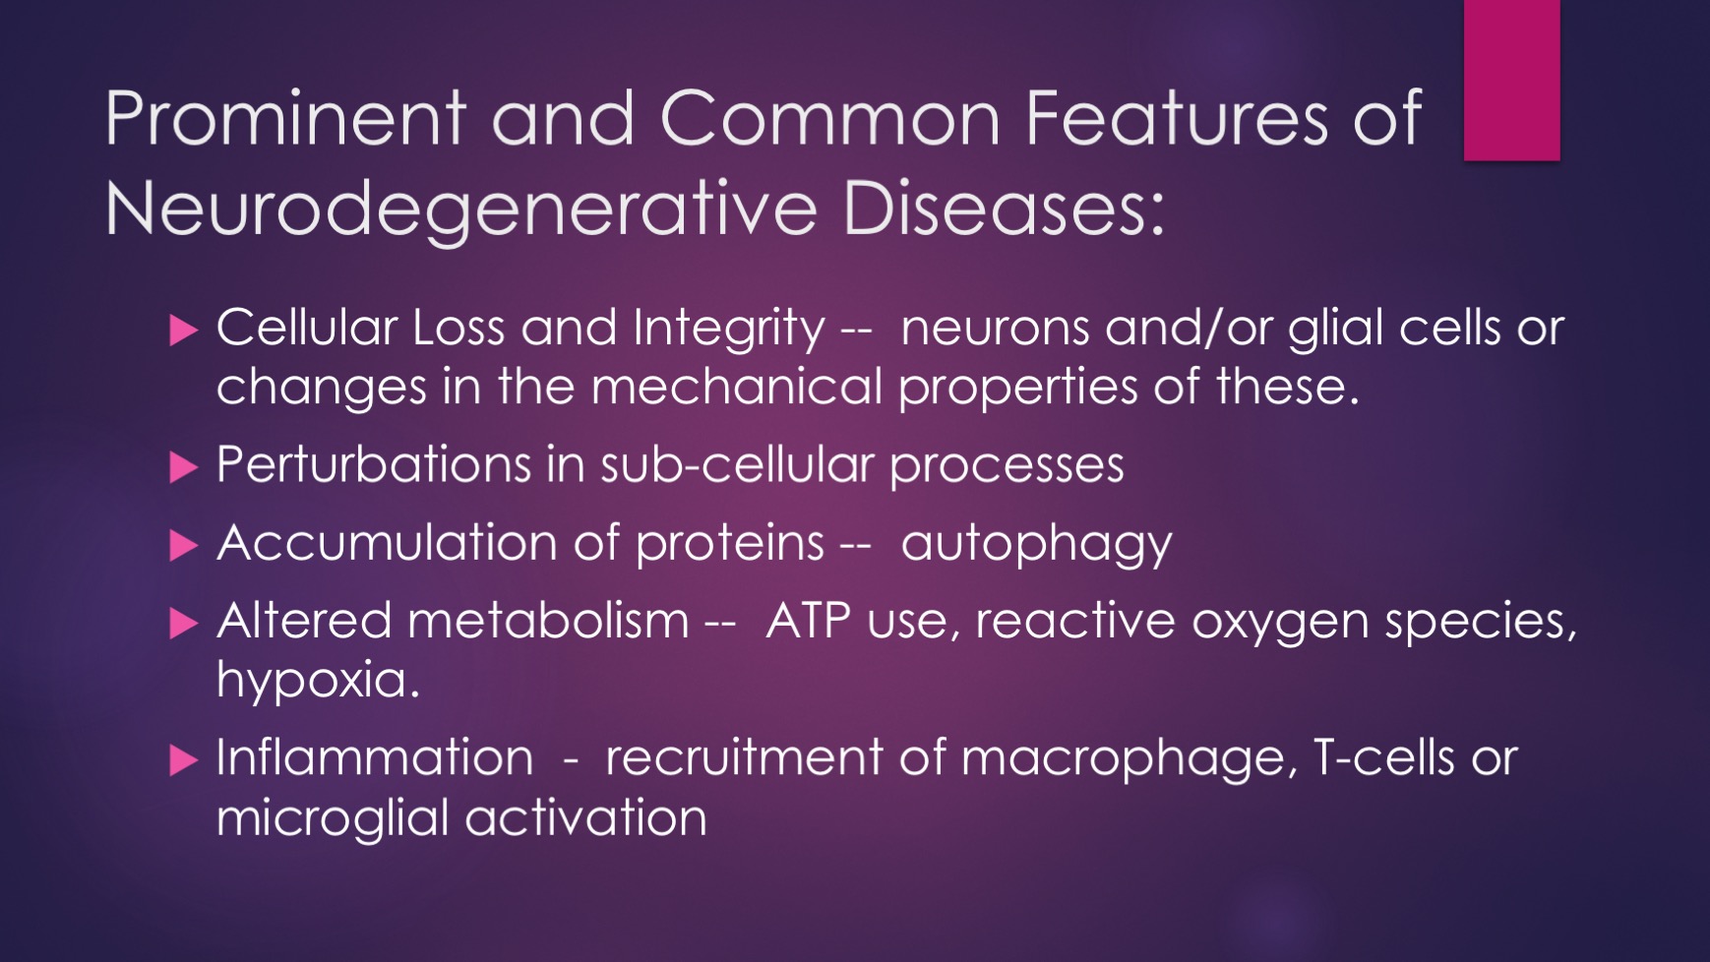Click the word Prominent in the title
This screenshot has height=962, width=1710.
pos(284,118)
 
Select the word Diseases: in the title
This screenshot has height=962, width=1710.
pos(1004,208)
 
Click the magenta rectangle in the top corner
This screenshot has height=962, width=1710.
pos(1511,80)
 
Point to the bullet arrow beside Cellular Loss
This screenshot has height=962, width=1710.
pos(184,330)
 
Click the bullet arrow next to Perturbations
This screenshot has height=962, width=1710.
pos(184,466)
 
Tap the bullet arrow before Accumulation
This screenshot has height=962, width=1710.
pos(184,545)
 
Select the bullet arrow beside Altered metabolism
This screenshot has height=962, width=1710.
pos(184,623)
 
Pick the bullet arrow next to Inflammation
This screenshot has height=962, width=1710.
pos(184,760)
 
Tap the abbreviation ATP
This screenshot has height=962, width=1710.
pos(808,621)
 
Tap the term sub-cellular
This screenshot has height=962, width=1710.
pos(737,464)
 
